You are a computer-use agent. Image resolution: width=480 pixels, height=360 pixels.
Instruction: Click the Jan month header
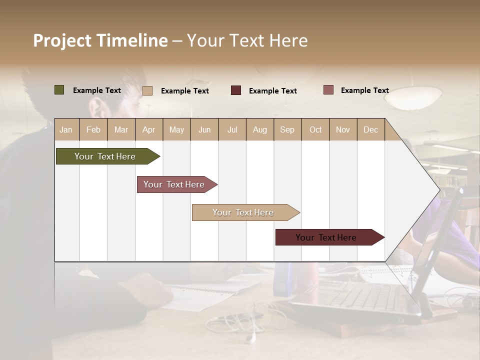coord(66,129)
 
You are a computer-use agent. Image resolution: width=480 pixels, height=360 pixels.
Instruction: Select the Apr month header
coord(148,129)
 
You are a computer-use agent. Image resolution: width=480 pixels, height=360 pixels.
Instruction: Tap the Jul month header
coord(232,129)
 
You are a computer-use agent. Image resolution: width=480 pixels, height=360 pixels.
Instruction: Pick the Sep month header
coord(287,129)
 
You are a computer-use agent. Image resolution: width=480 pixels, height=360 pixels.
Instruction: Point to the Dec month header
coord(370,129)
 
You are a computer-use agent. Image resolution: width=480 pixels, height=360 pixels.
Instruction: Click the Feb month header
coord(93,129)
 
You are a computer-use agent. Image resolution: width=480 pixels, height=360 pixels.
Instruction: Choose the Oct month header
coord(315,129)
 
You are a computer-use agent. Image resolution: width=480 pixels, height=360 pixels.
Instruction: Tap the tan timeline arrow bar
coord(243,212)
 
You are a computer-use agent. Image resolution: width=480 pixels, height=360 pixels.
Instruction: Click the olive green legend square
coord(59,90)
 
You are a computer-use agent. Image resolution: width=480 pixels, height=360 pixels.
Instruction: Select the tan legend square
coord(147,90)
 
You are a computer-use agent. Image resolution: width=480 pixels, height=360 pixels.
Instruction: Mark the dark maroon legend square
coord(236,90)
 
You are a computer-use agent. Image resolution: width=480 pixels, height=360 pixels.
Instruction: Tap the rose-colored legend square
coord(328,90)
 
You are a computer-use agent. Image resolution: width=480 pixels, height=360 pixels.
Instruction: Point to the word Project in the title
coord(62,40)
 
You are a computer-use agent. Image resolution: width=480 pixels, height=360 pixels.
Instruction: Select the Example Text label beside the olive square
coord(97,90)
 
